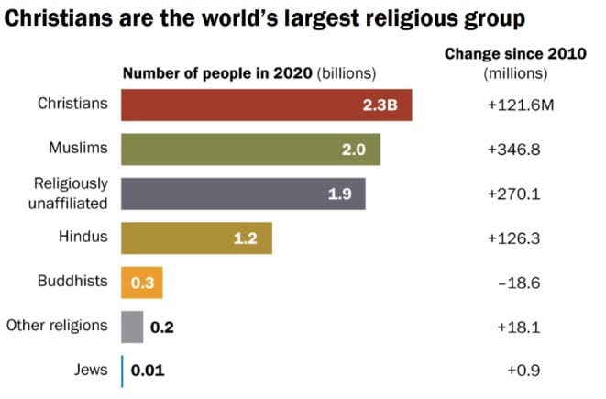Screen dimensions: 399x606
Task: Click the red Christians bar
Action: [x=266, y=105]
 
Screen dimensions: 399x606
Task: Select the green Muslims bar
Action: [x=250, y=149]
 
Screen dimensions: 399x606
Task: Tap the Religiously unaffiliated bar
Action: [x=243, y=194]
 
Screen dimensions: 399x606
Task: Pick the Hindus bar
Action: [x=196, y=238]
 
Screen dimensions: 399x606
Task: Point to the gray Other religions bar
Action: [x=132, y=327]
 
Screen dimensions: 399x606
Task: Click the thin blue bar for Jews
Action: [x=122, y=371]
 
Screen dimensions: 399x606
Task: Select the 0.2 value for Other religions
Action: [x=161, y=327]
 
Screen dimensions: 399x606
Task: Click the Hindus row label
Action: [x=83, y=237]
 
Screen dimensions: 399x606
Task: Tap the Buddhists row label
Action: [x=73, y=281]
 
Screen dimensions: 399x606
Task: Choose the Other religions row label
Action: [x=57, y=325]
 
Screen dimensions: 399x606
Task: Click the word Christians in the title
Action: [x=62, y=18]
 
